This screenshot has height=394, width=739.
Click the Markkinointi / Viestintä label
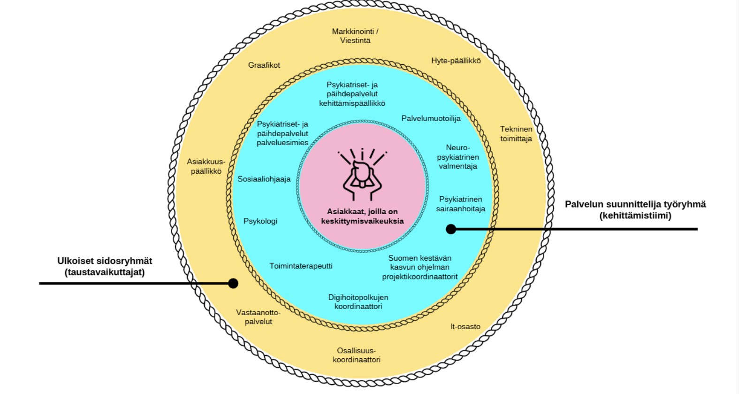(x=355, y=36)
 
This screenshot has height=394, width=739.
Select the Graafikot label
(x=264, y=65)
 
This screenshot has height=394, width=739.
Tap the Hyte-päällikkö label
(x=456, y=61)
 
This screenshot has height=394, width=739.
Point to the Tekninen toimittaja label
(x=516, y=134)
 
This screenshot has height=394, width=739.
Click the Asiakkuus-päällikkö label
(x=206, y=167)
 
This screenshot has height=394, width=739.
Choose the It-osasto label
(x=465, y=326)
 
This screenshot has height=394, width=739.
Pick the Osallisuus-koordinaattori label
(x=357, y=355)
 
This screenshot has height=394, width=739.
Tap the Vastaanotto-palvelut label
(x=258, y=317)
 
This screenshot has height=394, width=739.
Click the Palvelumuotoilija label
(x=431, y=118)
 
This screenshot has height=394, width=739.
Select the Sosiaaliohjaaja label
(x=264, y=179)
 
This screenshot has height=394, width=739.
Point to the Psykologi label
(x=260, y=221)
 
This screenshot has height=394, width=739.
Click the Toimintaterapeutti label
(x=301, y=266)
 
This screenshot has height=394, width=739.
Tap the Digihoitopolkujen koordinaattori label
(x=358, y=301)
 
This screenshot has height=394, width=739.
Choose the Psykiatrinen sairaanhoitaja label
(x=460, y=204)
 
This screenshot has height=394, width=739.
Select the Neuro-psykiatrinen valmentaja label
(x=457, y=157)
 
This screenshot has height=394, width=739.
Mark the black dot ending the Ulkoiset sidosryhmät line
(x=233, y=283)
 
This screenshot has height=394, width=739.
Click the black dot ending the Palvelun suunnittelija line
(x=451, y=229)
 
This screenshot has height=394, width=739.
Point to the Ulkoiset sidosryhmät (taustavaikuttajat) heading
(x=105, y=266)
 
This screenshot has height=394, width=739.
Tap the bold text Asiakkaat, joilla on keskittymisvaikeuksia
(x=362, y=216)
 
